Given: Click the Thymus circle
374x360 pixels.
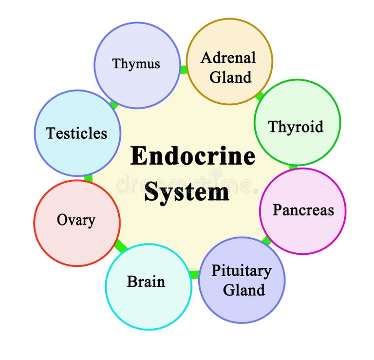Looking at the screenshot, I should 137,65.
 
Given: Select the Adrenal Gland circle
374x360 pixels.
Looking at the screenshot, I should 229,61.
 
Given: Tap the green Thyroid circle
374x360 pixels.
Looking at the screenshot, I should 297,122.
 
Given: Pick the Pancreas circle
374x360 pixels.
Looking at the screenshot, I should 302,211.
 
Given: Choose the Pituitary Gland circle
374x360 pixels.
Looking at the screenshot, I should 242,280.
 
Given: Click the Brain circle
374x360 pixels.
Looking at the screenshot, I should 148,287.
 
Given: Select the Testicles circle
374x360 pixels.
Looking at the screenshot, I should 77,133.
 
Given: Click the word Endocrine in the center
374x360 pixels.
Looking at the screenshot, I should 193,156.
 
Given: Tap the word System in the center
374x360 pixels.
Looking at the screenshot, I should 187,191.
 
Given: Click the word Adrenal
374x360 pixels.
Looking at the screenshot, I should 228,57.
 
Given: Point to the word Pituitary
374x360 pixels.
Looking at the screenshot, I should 241,271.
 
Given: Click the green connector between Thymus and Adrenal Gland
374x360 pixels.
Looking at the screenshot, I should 184,70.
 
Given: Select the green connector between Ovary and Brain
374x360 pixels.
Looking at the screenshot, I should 119,246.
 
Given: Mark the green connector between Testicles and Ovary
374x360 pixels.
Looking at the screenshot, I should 88,178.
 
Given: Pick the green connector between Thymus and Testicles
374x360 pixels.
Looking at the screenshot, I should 114,104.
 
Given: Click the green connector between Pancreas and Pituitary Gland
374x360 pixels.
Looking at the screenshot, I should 266,240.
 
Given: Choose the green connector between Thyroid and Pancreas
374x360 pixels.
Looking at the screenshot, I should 293,167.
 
